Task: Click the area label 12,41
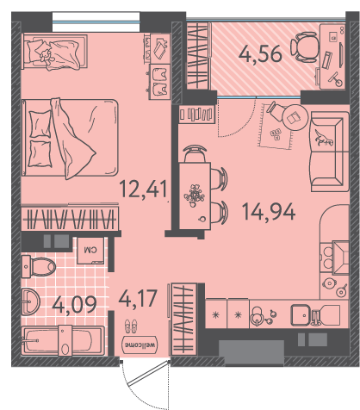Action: click(x=143, y=189)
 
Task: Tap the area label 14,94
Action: click(x=269, y=212)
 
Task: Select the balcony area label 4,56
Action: click(x=260, y=54)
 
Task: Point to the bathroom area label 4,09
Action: click(x=74, y=305)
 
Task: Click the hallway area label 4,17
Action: click(x=138, y=298)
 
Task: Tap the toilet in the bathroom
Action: click(x=39, y=267)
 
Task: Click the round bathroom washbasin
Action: click(x=30, y=301)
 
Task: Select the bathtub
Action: click(x=63, y=341)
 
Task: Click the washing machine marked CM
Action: click(x=90, y=251)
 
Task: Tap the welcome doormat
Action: click(x=140, y=345)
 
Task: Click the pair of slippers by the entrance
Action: click(x=131, y=326)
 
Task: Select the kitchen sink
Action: click(x=301, y=315)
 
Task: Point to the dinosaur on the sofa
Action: click(x=324, y=137)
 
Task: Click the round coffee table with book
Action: click(x=295, y=117)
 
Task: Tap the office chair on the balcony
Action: click(x=305, y=47)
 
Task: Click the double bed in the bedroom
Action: click(x=70, y=138)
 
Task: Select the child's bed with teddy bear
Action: click(x=54, y=52)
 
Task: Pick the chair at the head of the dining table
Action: click(x=195, y=153)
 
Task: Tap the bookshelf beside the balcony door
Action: click(x=196, y=114)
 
